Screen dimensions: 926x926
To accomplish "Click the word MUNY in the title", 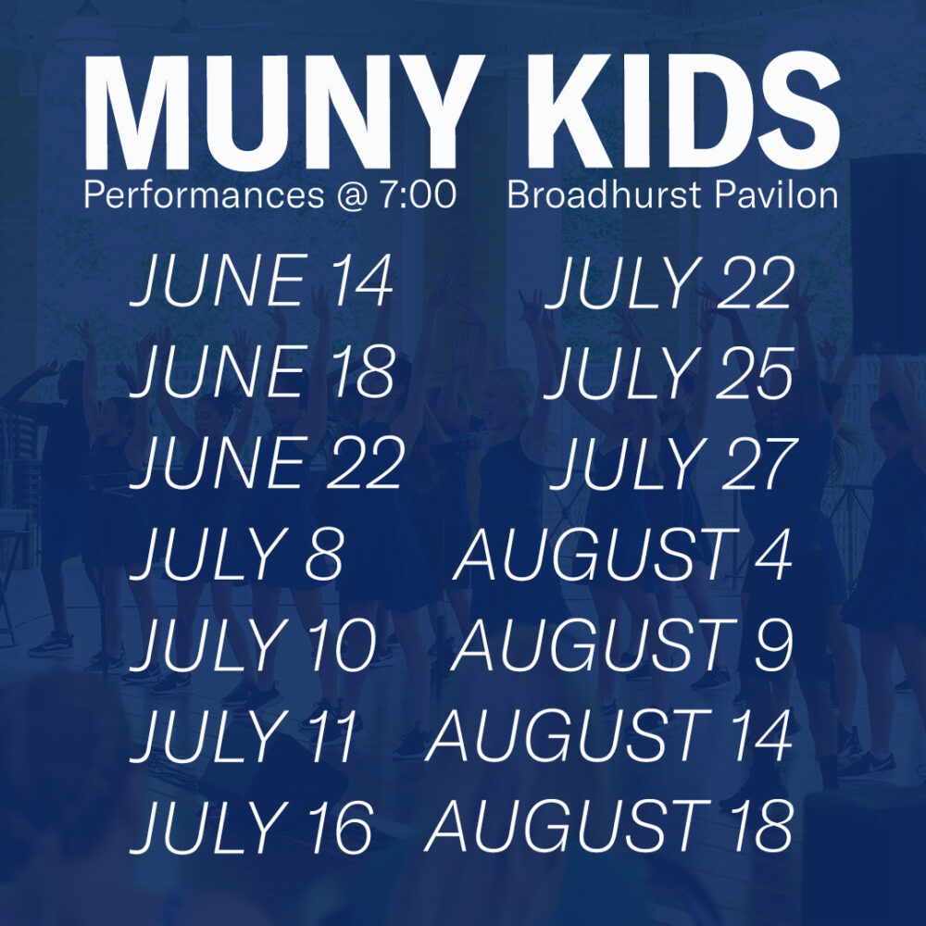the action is [x=283, y=112].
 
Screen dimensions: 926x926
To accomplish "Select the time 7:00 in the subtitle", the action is [x=418, y=194].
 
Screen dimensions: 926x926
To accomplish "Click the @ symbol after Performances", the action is [x=352, y=196].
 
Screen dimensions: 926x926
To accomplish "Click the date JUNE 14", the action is [x=262, y=282].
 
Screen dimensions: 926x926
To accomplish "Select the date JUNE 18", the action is [x=262, y=372].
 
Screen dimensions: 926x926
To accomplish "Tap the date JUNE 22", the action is [x=267, y=463].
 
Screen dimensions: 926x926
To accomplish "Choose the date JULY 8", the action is [x=236, y=555].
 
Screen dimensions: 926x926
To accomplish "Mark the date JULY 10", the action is [x=254, y=645].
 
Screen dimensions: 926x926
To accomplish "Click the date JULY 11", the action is [x=244, y=736].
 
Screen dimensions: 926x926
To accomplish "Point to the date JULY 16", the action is [x=252, y=827].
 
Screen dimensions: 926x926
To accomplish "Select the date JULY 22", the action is [x=669, y=283].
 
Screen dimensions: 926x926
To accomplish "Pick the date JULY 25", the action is [x=669, y=373].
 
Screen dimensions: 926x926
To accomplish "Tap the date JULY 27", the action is [x=673, y=464].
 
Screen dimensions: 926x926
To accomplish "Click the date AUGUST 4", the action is [x=623, y=555].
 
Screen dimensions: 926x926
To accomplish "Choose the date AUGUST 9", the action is [x=622, y=645].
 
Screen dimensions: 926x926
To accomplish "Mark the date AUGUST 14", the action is [x=609, y=736].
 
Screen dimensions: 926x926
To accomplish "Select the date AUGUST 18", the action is [x=609, y=827].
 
